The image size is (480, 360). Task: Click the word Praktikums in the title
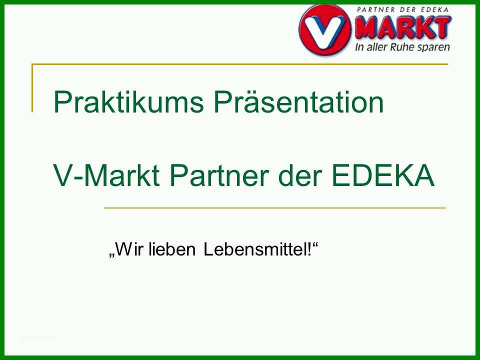(x=128, y=101)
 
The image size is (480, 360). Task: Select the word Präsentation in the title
(x=299, y=101)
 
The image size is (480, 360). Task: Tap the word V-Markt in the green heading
(x=106, y=175)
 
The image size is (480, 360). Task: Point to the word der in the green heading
(x=300, y=175)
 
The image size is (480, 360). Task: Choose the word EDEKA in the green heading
(x=383, y=175)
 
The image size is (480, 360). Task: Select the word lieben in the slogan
(x=171, y=249)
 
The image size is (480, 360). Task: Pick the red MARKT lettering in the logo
(x=402, y=27)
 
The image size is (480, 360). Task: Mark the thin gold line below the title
(x=275, y=208)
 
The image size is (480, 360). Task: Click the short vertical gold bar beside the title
(x=32, y=88)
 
